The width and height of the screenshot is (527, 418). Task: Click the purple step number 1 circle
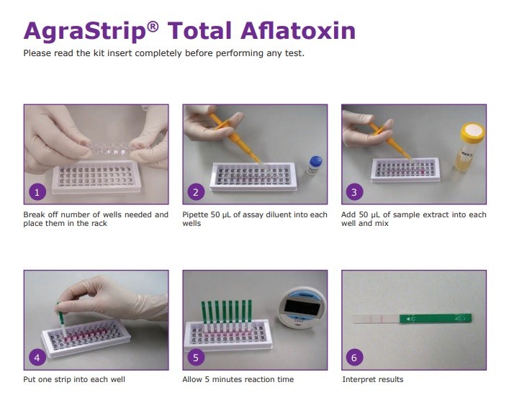point(37,192)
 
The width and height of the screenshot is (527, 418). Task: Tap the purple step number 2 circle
point(196,192)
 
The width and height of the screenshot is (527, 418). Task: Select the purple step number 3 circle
point(354,192)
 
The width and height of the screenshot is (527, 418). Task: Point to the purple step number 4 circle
point(37,358)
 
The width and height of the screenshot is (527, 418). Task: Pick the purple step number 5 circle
point(196,358)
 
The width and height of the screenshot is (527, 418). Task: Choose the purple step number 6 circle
point(354,358)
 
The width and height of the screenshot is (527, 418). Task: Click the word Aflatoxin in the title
point(298,31)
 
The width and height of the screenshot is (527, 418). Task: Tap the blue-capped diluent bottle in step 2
point(314,165)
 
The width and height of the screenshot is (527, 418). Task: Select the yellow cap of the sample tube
point(473,131)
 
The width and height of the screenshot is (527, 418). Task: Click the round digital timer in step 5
point(302,309)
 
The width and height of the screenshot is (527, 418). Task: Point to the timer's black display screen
point(302,306)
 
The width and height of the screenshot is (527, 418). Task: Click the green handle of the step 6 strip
point(436,319)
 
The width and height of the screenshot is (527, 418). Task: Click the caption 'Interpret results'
point(373,379)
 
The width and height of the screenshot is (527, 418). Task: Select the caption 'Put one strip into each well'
point(74,379)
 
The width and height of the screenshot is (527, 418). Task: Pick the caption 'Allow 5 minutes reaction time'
point(238,379)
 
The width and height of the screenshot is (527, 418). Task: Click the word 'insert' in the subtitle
point(120,53)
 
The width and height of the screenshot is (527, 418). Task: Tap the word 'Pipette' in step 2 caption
point(195,214)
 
